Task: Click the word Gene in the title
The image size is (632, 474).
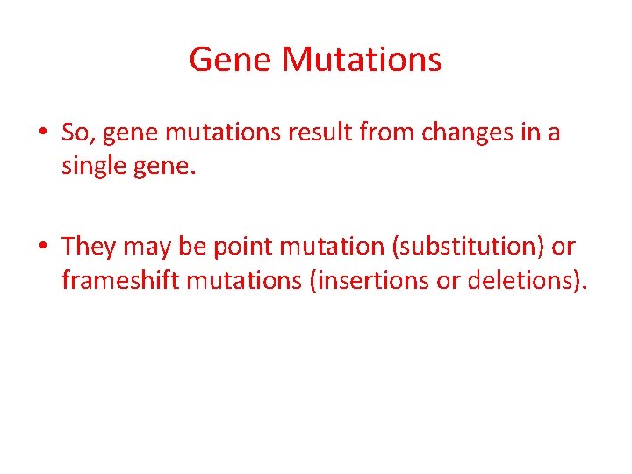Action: coord(231,60)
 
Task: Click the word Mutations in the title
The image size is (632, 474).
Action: coord(363,60)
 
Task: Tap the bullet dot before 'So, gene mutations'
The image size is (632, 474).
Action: coord(42,133)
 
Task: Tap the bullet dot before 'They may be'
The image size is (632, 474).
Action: coord(42,248)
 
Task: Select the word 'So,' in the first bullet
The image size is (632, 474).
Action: coord(77,133)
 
